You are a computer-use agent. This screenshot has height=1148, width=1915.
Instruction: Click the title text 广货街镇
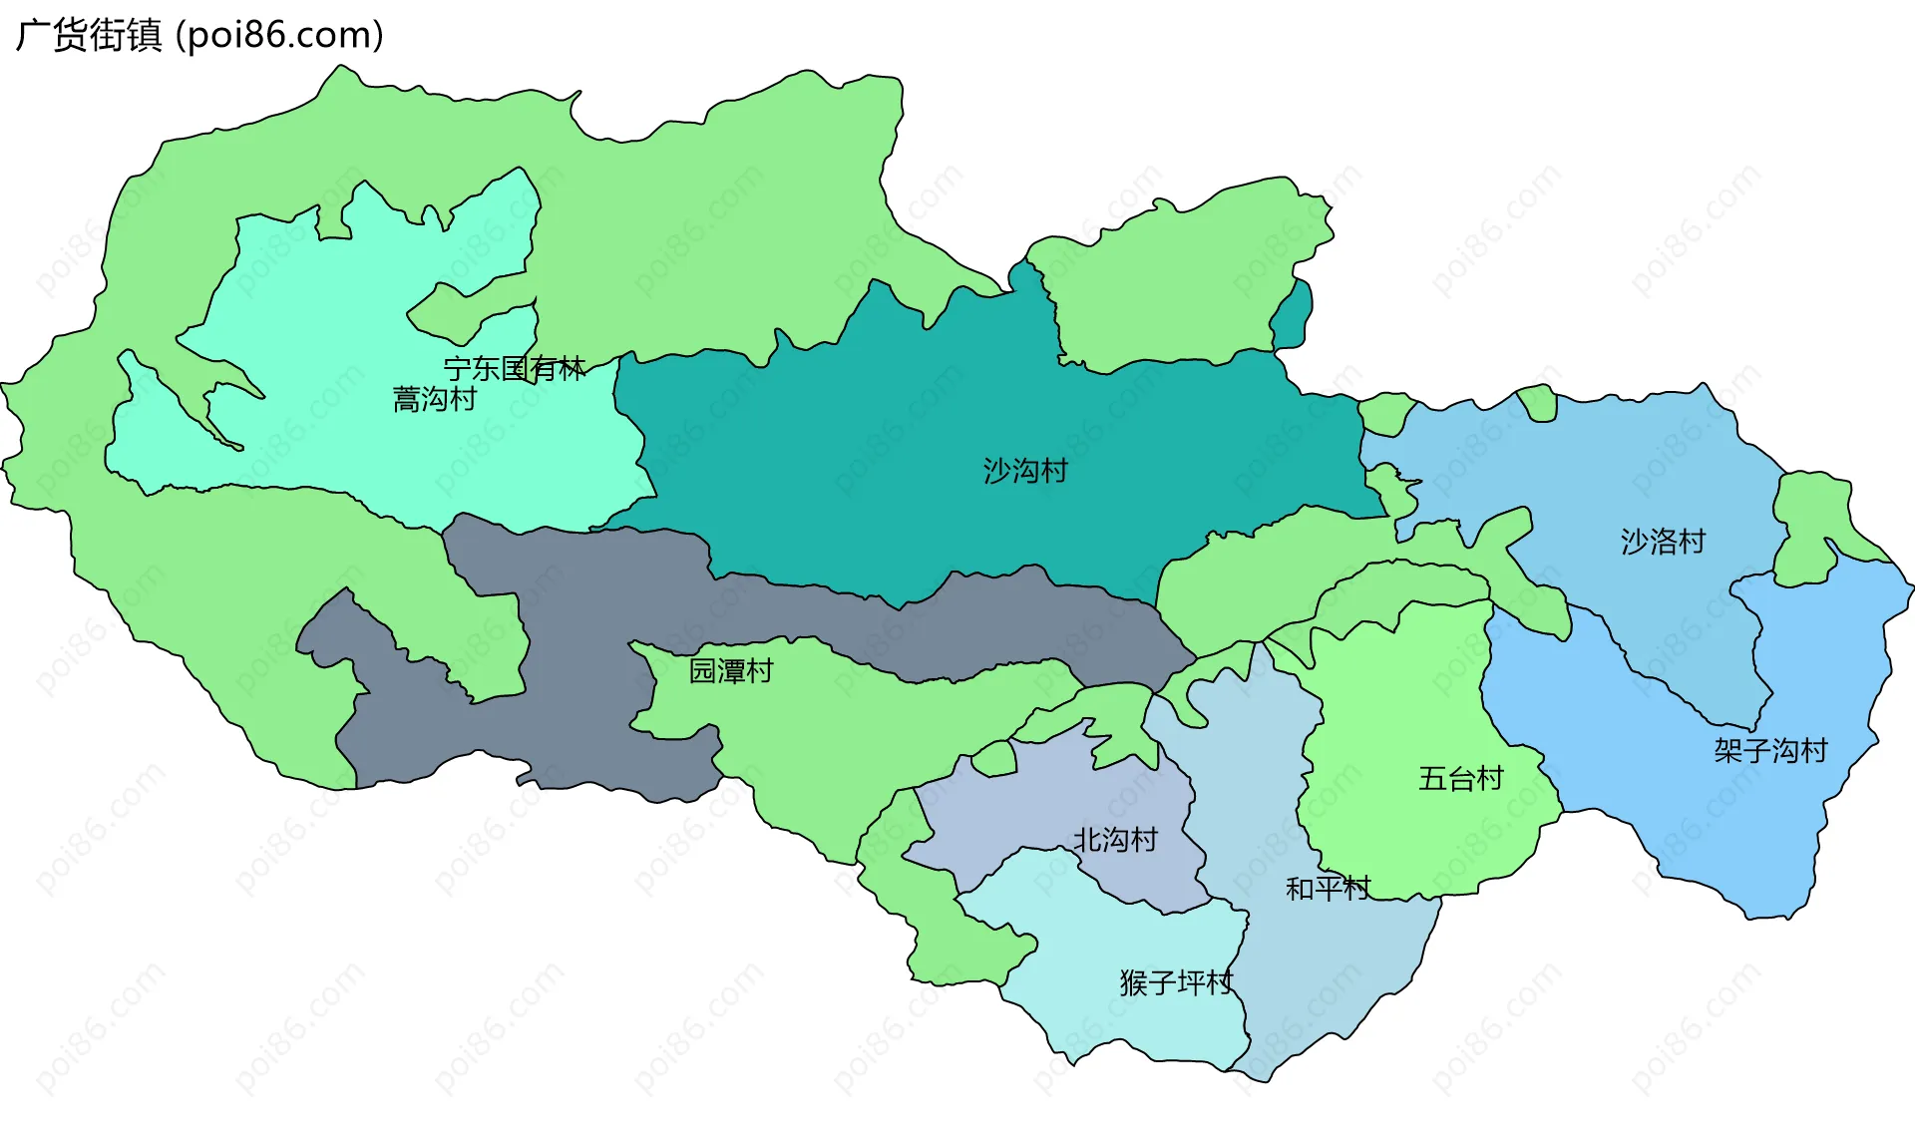coord(89,36)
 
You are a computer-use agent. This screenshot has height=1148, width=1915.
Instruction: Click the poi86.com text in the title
coord(279,36)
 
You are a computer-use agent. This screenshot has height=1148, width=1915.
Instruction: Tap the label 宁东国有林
coord(515,368)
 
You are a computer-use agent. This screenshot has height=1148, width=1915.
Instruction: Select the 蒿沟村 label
coord(435,400)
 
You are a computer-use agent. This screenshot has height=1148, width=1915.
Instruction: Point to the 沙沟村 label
coord(1025,471)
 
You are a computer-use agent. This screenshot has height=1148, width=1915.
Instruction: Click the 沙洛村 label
coord(1663,542)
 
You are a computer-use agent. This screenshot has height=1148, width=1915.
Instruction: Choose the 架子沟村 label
coord(1770,750)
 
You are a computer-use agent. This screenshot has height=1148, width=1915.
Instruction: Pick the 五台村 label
coord(1460,779)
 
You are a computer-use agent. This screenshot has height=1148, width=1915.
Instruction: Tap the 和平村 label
coord(1328,888)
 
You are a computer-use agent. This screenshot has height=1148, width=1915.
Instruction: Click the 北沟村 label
coord(1115,840)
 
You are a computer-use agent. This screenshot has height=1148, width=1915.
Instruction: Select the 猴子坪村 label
coord(1176,983)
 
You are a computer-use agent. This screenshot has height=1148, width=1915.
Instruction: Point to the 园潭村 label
coord(731,671)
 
